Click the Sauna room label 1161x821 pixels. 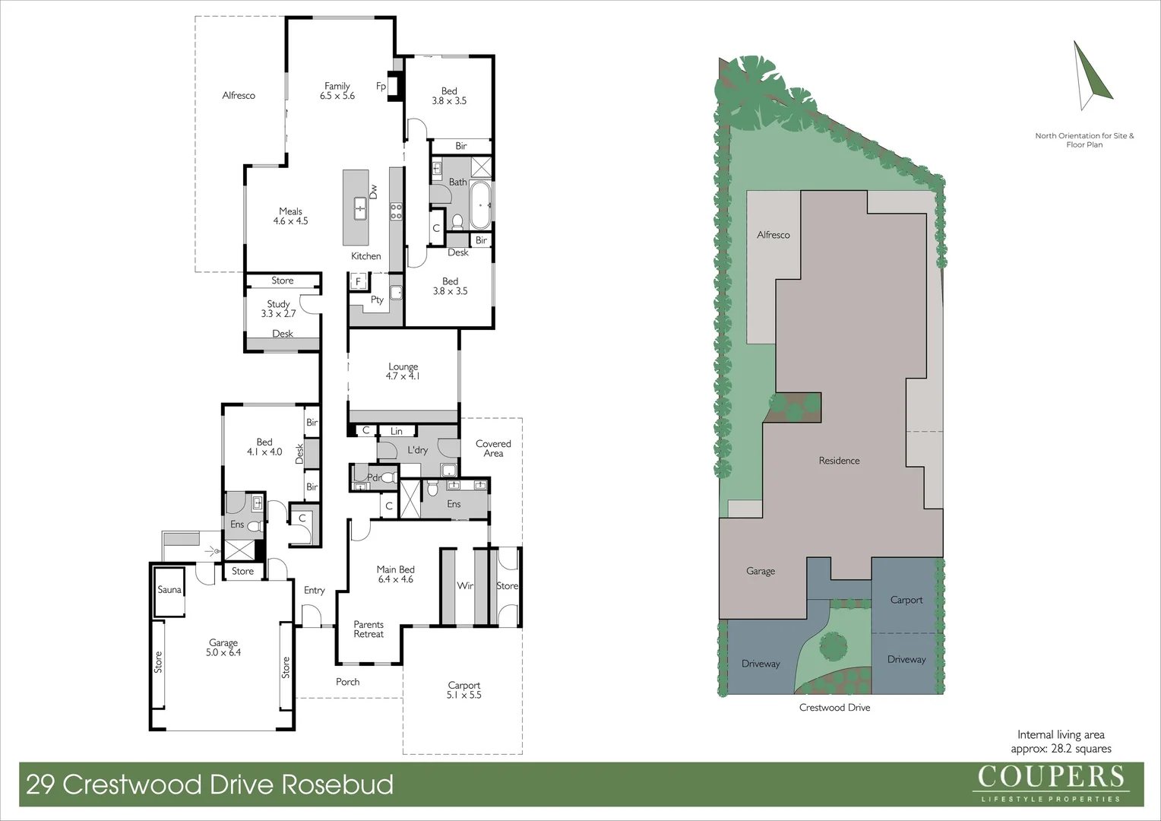click(x=169, y=590)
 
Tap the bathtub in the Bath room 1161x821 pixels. click(x=480, y=205)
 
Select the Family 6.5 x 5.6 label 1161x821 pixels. click(x=337, y=91)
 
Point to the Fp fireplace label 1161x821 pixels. click(x=381, y=87)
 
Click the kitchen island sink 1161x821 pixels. click(x=360, y=206)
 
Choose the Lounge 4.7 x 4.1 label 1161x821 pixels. click(x=403, y=371)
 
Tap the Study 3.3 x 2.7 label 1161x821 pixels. click(x=278, y=309)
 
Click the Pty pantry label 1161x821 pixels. click(x=377, y=300)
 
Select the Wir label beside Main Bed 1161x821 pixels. click(x=465, y=586)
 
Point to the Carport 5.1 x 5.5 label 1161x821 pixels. click(x=464, y=690)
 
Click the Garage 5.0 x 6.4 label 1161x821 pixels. click(x=223, y=648)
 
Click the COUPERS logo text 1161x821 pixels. click(x=1050, y=777)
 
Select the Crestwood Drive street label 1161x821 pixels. click(x=834, y=708)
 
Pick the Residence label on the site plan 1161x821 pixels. click(x=839, y=461)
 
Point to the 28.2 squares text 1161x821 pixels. click(x=1080, y=749)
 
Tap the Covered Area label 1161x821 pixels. click(x=493, y=449)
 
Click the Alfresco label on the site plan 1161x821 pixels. click(x=773, y=236)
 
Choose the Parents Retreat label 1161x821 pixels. click(x=369, y=629)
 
